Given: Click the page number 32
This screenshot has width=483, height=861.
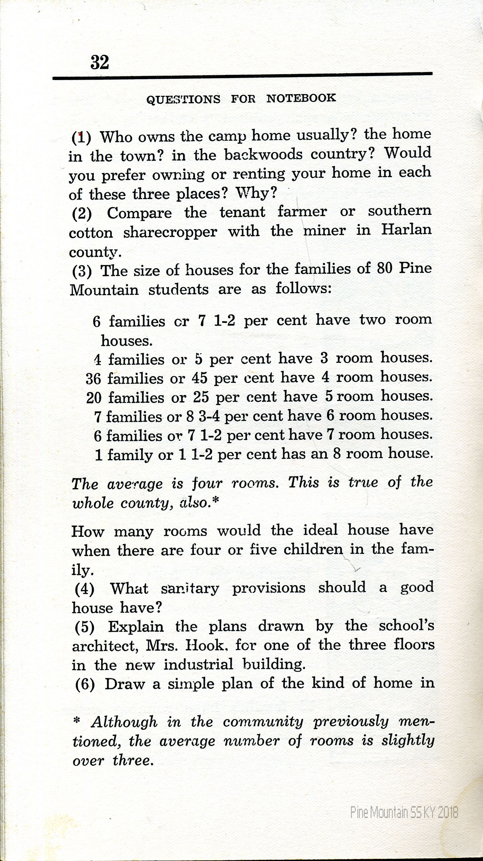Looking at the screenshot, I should [99, 62].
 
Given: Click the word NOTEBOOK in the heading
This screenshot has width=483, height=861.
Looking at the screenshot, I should [301, 98].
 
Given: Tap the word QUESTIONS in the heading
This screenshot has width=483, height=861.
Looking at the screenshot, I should [183, 99].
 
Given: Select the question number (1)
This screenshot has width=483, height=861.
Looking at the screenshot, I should [82, 138].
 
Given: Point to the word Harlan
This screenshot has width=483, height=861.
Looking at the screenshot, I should [406, 229].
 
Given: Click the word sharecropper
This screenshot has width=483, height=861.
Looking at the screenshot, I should [170, 232].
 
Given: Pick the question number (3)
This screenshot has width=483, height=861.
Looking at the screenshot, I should [82, 271].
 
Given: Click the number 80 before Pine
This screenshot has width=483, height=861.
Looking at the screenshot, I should [384, 268].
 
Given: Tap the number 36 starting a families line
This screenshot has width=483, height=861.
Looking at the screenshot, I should [93, 379].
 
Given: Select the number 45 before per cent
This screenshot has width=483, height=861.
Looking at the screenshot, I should [199, 378].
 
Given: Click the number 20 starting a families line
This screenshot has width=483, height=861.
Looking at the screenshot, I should [94, 398].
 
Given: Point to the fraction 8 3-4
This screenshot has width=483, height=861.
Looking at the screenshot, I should [203, 416].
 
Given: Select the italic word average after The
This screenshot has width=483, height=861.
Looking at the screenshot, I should [135, 484].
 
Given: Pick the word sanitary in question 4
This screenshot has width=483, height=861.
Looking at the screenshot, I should [190, 589].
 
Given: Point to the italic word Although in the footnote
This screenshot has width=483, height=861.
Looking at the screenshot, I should [124, 722].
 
